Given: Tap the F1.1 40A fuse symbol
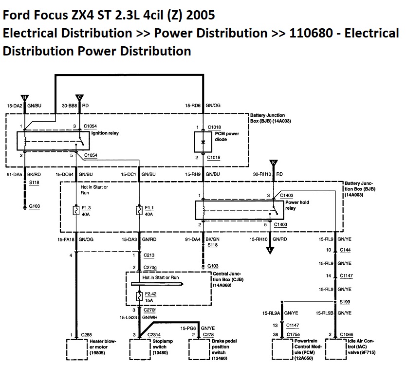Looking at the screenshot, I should pos(140,210).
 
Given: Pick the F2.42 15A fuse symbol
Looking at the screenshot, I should pos(140,296).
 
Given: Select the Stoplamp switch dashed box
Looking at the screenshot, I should pos(141,349).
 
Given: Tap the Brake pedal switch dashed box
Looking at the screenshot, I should pos(200,349).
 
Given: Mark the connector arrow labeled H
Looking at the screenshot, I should pos(24,98).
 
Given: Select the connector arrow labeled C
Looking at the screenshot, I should pos(80,98).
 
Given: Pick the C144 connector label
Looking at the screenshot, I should pos(346,250).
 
